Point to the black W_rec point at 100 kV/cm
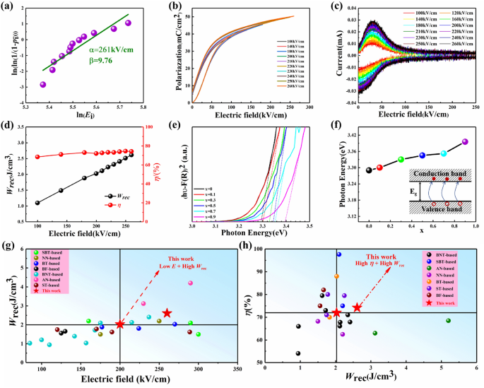37,203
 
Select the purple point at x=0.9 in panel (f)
465,141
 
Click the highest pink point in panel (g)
190,283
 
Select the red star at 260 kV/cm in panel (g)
167,313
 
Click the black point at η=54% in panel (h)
298,353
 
